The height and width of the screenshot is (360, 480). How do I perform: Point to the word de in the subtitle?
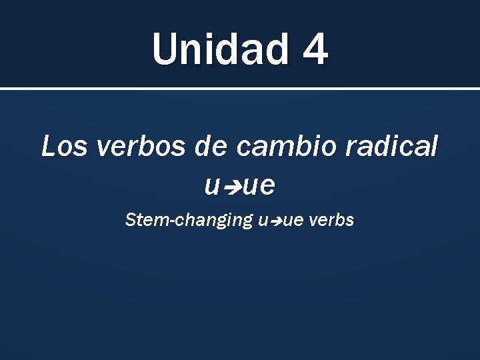pos(209,146)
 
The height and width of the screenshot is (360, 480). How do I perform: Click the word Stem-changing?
pos(189,221)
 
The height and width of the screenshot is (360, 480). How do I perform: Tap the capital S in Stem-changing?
pos(131,220)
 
